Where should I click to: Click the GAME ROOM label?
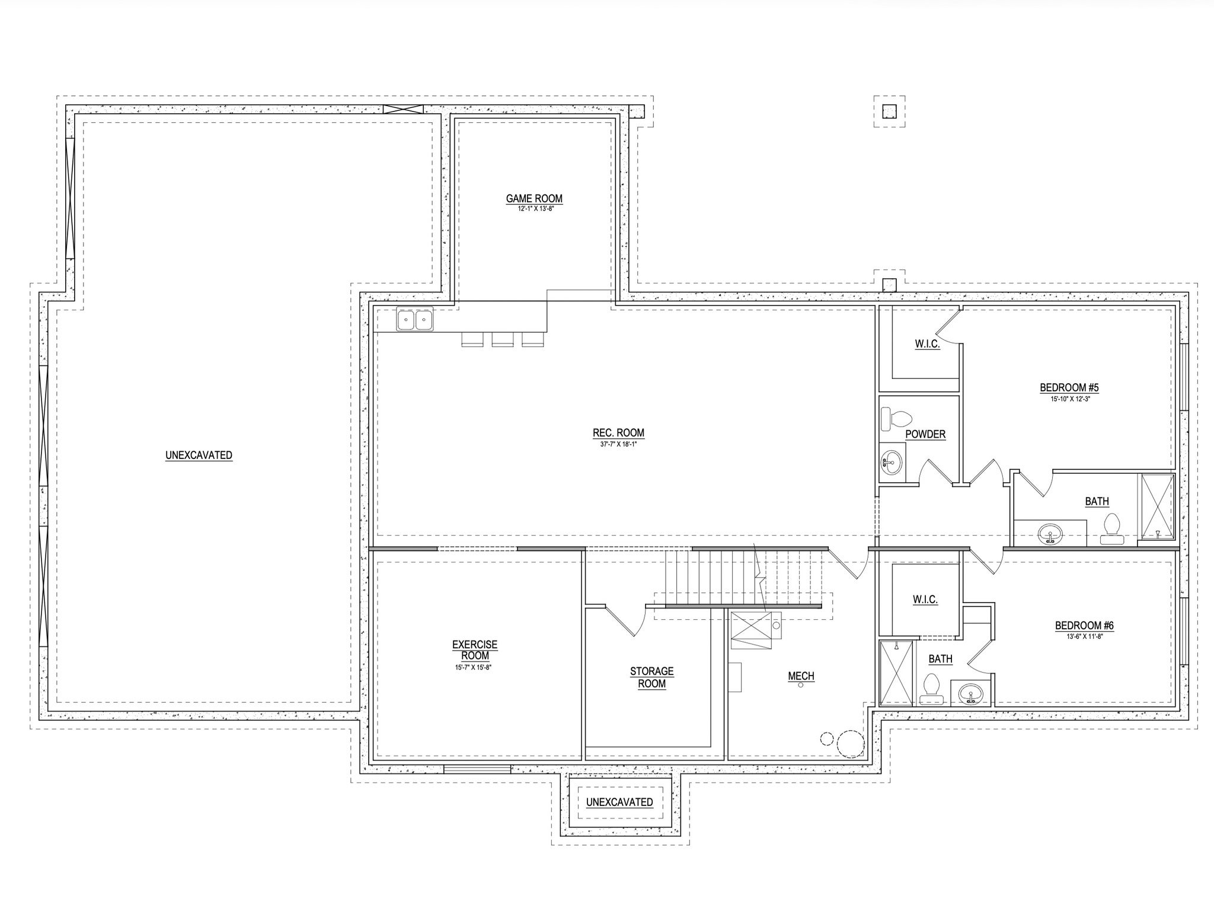(534, 199)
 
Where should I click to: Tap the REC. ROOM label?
(618, 433)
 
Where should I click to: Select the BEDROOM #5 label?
(1069, 388)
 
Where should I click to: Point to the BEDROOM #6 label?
(1084, 626)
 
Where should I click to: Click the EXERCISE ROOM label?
(475, 650)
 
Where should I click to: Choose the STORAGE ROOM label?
(651, 677)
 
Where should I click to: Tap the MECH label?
(801, 676)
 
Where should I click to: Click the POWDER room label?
(925, 434)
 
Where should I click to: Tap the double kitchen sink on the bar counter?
(415, 320)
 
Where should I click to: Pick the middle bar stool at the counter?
(503, 339)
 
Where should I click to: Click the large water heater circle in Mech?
(851, 744)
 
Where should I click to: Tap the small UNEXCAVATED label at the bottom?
(619, 802)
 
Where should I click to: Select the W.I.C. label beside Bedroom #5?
(928, 344)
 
